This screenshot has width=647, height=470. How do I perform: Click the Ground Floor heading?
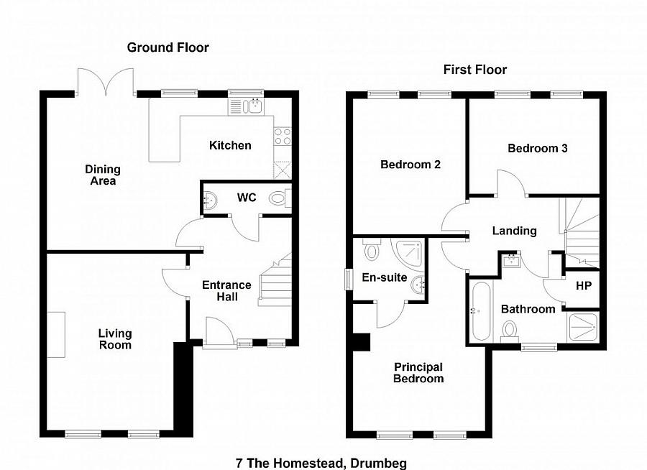(x=168, y=47)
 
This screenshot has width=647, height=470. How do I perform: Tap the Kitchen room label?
(x=230, y=145)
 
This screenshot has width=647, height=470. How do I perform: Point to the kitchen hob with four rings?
(x=283, y=137)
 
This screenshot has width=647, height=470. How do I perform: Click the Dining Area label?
(x=103, y=175)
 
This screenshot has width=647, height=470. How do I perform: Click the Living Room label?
(x=115, y=338)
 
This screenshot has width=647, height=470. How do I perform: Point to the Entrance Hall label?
(x=226, y=290)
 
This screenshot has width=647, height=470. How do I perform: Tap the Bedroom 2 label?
(x=410, y=164)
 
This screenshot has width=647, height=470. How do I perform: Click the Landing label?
(x=514, y=231)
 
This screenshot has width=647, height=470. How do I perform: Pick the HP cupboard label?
(x=584, y=285)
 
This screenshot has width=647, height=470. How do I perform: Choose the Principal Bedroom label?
(x=418, y=372)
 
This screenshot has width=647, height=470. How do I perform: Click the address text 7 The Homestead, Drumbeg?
(x=326, y=463)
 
